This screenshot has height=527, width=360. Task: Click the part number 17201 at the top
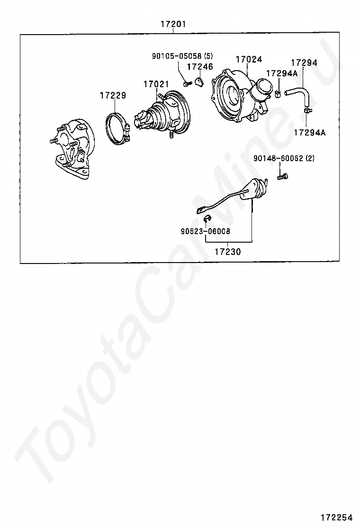[173, 24]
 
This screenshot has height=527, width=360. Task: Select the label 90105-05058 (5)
[182, 56]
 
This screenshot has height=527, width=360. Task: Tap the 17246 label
[200, 66]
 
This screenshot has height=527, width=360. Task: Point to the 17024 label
[249, 59]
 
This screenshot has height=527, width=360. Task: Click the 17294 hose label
[304, 63]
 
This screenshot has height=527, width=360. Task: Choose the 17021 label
[156, 84]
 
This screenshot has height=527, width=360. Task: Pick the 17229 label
[113, 95]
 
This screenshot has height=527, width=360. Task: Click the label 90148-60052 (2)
[284, 158]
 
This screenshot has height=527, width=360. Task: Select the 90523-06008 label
[205, 231]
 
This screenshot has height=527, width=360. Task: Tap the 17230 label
[228, 251]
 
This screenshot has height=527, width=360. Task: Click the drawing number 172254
[336, 517]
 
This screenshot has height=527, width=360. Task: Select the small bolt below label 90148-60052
[283, 176]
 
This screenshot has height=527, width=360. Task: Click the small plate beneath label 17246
[200, 81]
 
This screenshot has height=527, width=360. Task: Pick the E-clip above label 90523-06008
[207, 218]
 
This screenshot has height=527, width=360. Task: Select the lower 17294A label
[310, 132]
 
